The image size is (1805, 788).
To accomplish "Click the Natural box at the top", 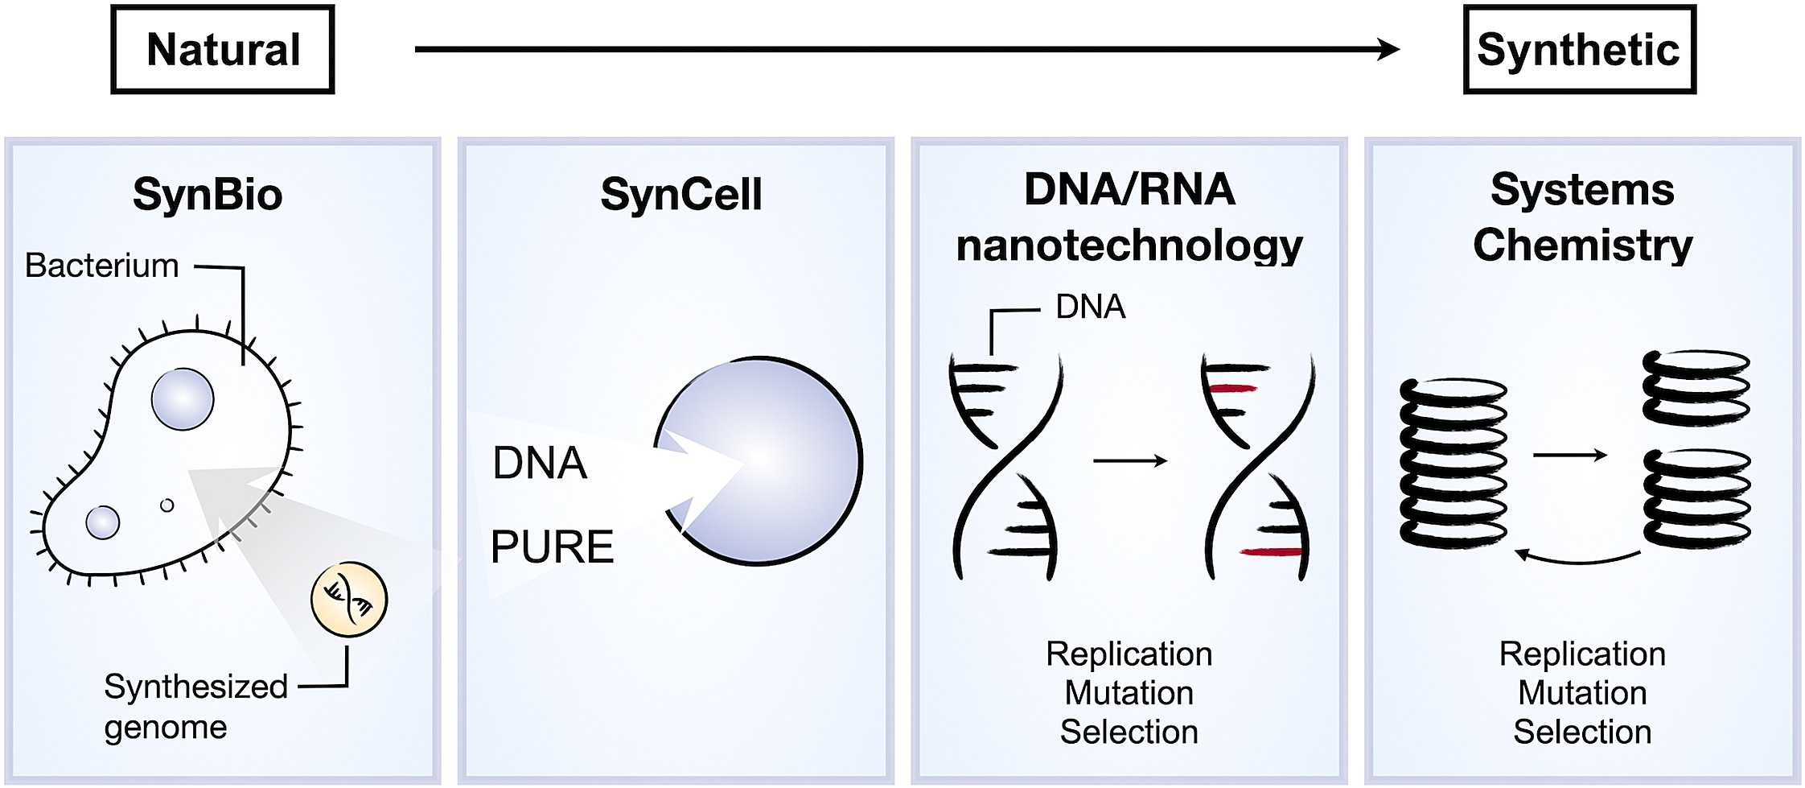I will point(223,50).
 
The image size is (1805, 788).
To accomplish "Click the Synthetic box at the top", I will point(1579,50).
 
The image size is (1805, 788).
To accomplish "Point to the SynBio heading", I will point(208,195).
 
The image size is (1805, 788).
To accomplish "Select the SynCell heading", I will point(680,195).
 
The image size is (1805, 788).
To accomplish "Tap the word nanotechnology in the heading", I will point(1129,245).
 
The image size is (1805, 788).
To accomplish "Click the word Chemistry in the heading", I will point(1582,245).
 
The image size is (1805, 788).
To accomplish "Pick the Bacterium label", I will point(101,266).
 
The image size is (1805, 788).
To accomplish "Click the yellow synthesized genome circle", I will point(349,600).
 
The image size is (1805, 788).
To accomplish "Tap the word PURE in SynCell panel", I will point(552,547).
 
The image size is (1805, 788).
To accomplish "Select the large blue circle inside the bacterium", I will point(183,399).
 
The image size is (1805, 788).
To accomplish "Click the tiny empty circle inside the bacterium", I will point(167,505).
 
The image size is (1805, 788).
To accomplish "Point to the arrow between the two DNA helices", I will point(1130,461).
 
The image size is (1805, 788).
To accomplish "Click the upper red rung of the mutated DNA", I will point(1231,389).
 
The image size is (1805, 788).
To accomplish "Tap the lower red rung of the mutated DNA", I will point(1271,552).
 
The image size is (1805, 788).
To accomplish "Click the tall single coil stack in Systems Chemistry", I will point(1453,464).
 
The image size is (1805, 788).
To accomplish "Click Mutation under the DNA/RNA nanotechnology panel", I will point(1129,693).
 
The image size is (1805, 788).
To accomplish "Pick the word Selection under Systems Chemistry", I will point(1582,732).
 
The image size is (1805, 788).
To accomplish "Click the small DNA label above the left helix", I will point(1090,307).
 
